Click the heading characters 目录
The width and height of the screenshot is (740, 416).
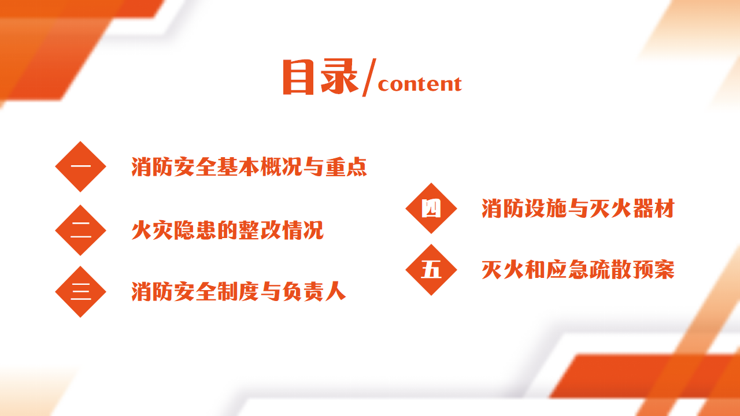point(320,77)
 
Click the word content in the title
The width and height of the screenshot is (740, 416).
point(420,84)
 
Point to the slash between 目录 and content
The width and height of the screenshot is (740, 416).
point(369,77)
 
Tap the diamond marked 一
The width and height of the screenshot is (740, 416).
point(80,167)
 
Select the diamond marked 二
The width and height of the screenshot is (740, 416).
point(80,230)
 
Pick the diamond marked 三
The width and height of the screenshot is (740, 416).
point(80,292)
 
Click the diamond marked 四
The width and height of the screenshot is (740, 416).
point(431,209)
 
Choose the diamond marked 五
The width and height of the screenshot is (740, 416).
point(431,270)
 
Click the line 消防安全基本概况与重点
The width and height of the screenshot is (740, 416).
point(249,167)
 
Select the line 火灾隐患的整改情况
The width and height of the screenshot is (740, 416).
point(227,230)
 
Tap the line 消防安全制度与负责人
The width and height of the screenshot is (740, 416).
point(239,292)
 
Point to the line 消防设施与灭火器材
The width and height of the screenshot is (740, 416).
point(578,209)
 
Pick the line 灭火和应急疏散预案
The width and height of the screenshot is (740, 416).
point(578,270)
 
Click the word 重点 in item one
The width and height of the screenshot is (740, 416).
point(346,167)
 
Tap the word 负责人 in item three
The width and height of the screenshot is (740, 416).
point(314,292)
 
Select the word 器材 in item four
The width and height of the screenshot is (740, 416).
point(654,209)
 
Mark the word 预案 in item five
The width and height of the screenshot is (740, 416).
point(654,270)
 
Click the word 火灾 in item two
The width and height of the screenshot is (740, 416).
point(152,230)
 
